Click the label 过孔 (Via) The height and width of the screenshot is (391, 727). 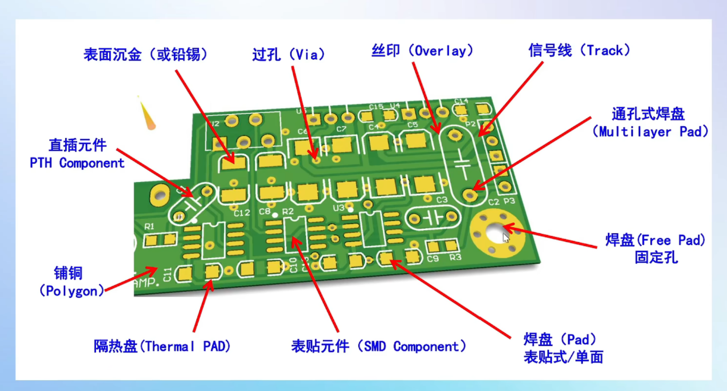(x=289, y=55)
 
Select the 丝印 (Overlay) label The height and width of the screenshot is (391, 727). (x=422, y=51)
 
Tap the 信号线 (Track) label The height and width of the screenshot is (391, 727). (x=579, y=51)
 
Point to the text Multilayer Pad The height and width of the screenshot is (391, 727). (x=650, y=132)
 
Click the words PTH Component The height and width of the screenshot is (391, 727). (x=77, y=163)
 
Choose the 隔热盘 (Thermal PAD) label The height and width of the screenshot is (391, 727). (x=162, y=346)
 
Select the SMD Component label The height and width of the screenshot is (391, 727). (x=379, y=346)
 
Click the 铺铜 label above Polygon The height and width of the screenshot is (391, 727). (x=68, y=273)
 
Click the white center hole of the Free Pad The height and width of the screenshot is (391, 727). (x=495, y=232)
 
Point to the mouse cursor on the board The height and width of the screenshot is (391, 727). (x=506, y=238)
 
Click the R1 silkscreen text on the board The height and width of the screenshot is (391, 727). (x=149, y=226)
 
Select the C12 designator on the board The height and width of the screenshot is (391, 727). (x=241, y=213)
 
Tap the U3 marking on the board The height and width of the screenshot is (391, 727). (x=339, y=208)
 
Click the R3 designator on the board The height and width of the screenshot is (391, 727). (x=455, y=257)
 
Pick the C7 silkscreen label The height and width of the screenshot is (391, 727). (x=341, y=129)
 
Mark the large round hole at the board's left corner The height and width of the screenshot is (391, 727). (x=160, y=195)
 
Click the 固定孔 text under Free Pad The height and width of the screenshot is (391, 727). (x=656, y=257)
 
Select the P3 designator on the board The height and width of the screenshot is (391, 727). (x=509, y=201)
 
